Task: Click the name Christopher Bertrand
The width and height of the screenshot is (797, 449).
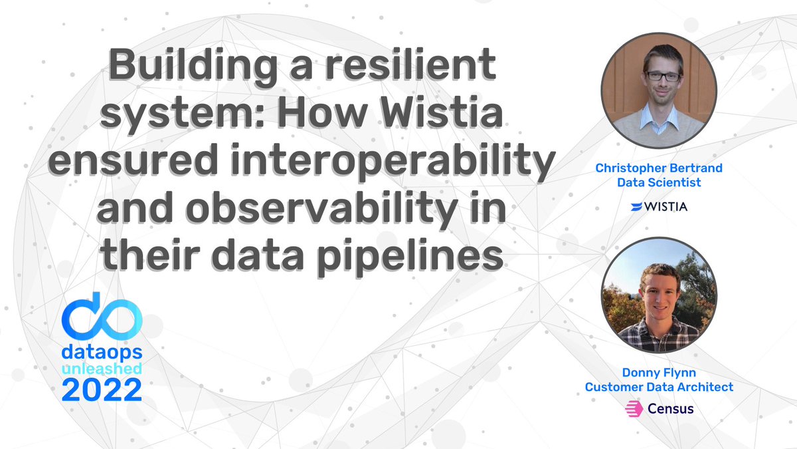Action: coord(659,168)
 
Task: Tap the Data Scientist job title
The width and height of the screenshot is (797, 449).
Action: coord(659,182)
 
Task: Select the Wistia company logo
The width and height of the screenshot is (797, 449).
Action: coord(659,206)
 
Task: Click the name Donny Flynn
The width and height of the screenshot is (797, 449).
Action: coord(659,373)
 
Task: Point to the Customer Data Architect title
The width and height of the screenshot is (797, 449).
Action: coord(659,386)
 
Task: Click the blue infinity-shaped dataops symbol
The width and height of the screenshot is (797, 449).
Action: coord(102,314)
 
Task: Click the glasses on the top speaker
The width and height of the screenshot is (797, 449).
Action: coord(662,75)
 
